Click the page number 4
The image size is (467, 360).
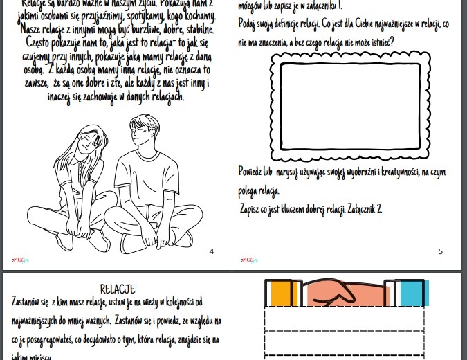pyautogui.click(x=212, y=251)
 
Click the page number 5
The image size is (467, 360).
pyautogui.click(x=441, y=251)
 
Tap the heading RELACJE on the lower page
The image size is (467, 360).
pyautogui.click(x=118, y=289)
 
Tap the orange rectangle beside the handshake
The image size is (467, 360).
pyautogui.click(x=279, y=293)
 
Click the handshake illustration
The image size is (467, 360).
pyautogui.click(x=344, y=293)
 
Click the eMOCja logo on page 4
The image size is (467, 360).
pyautogui.click(x=19, y=260)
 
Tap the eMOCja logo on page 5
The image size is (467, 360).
pyautogui.click(x=248, y=260)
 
